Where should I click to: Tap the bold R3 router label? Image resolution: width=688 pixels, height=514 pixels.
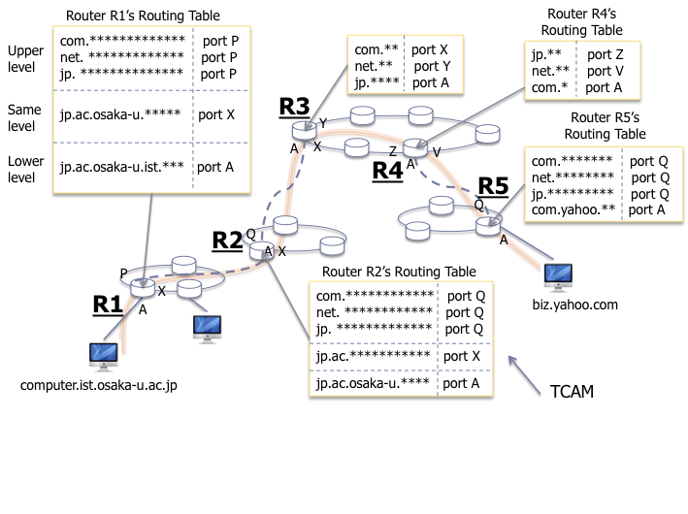[294, 107]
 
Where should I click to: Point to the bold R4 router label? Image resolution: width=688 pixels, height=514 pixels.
[388, 170]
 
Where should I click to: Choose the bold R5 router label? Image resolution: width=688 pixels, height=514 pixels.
[493, 186]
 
